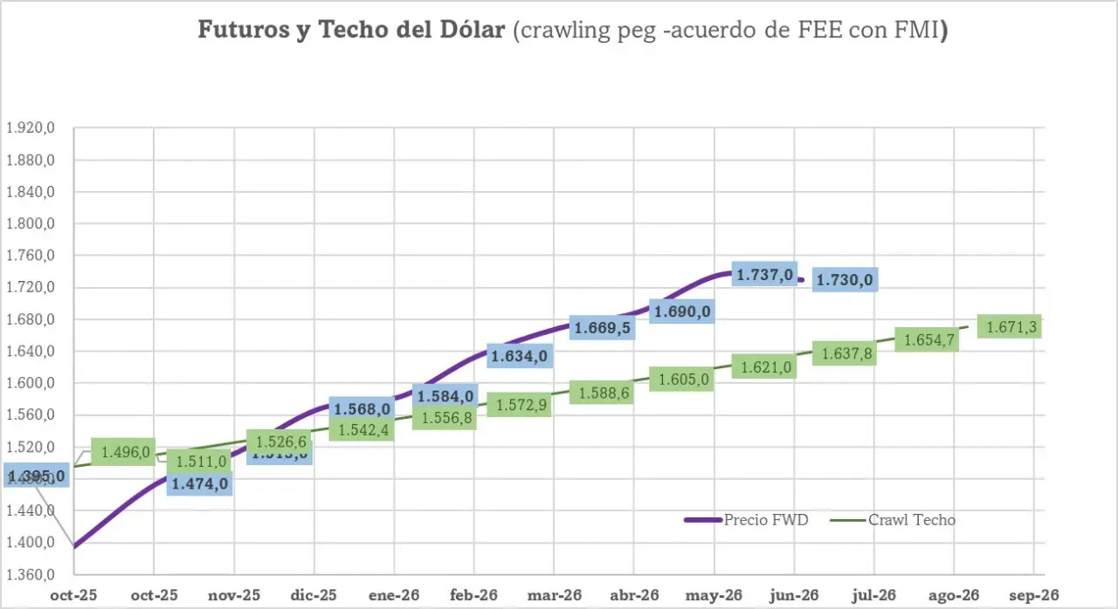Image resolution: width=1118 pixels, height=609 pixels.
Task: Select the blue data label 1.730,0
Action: point(845,280)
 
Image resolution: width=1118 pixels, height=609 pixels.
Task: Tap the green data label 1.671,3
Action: point(1011,327)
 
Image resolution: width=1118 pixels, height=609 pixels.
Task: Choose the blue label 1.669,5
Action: point(603,328)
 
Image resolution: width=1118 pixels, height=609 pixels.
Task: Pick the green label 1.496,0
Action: point(124,452)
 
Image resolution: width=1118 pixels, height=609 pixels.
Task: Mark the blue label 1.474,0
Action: point(200,483)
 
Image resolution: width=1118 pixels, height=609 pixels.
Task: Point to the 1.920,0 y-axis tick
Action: point(31,128)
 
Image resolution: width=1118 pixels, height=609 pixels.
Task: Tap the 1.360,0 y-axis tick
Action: point(31,575)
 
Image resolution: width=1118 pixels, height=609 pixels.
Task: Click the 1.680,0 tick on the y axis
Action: point(31,319)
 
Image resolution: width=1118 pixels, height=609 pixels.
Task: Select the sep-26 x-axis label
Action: point(1033,595)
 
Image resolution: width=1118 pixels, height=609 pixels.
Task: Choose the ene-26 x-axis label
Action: point(394,595)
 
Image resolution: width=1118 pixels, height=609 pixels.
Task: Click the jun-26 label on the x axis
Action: point(794,595)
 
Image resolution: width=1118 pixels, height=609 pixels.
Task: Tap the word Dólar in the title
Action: point(473,30)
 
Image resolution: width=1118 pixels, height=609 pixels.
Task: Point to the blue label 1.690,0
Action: point(682,311)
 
